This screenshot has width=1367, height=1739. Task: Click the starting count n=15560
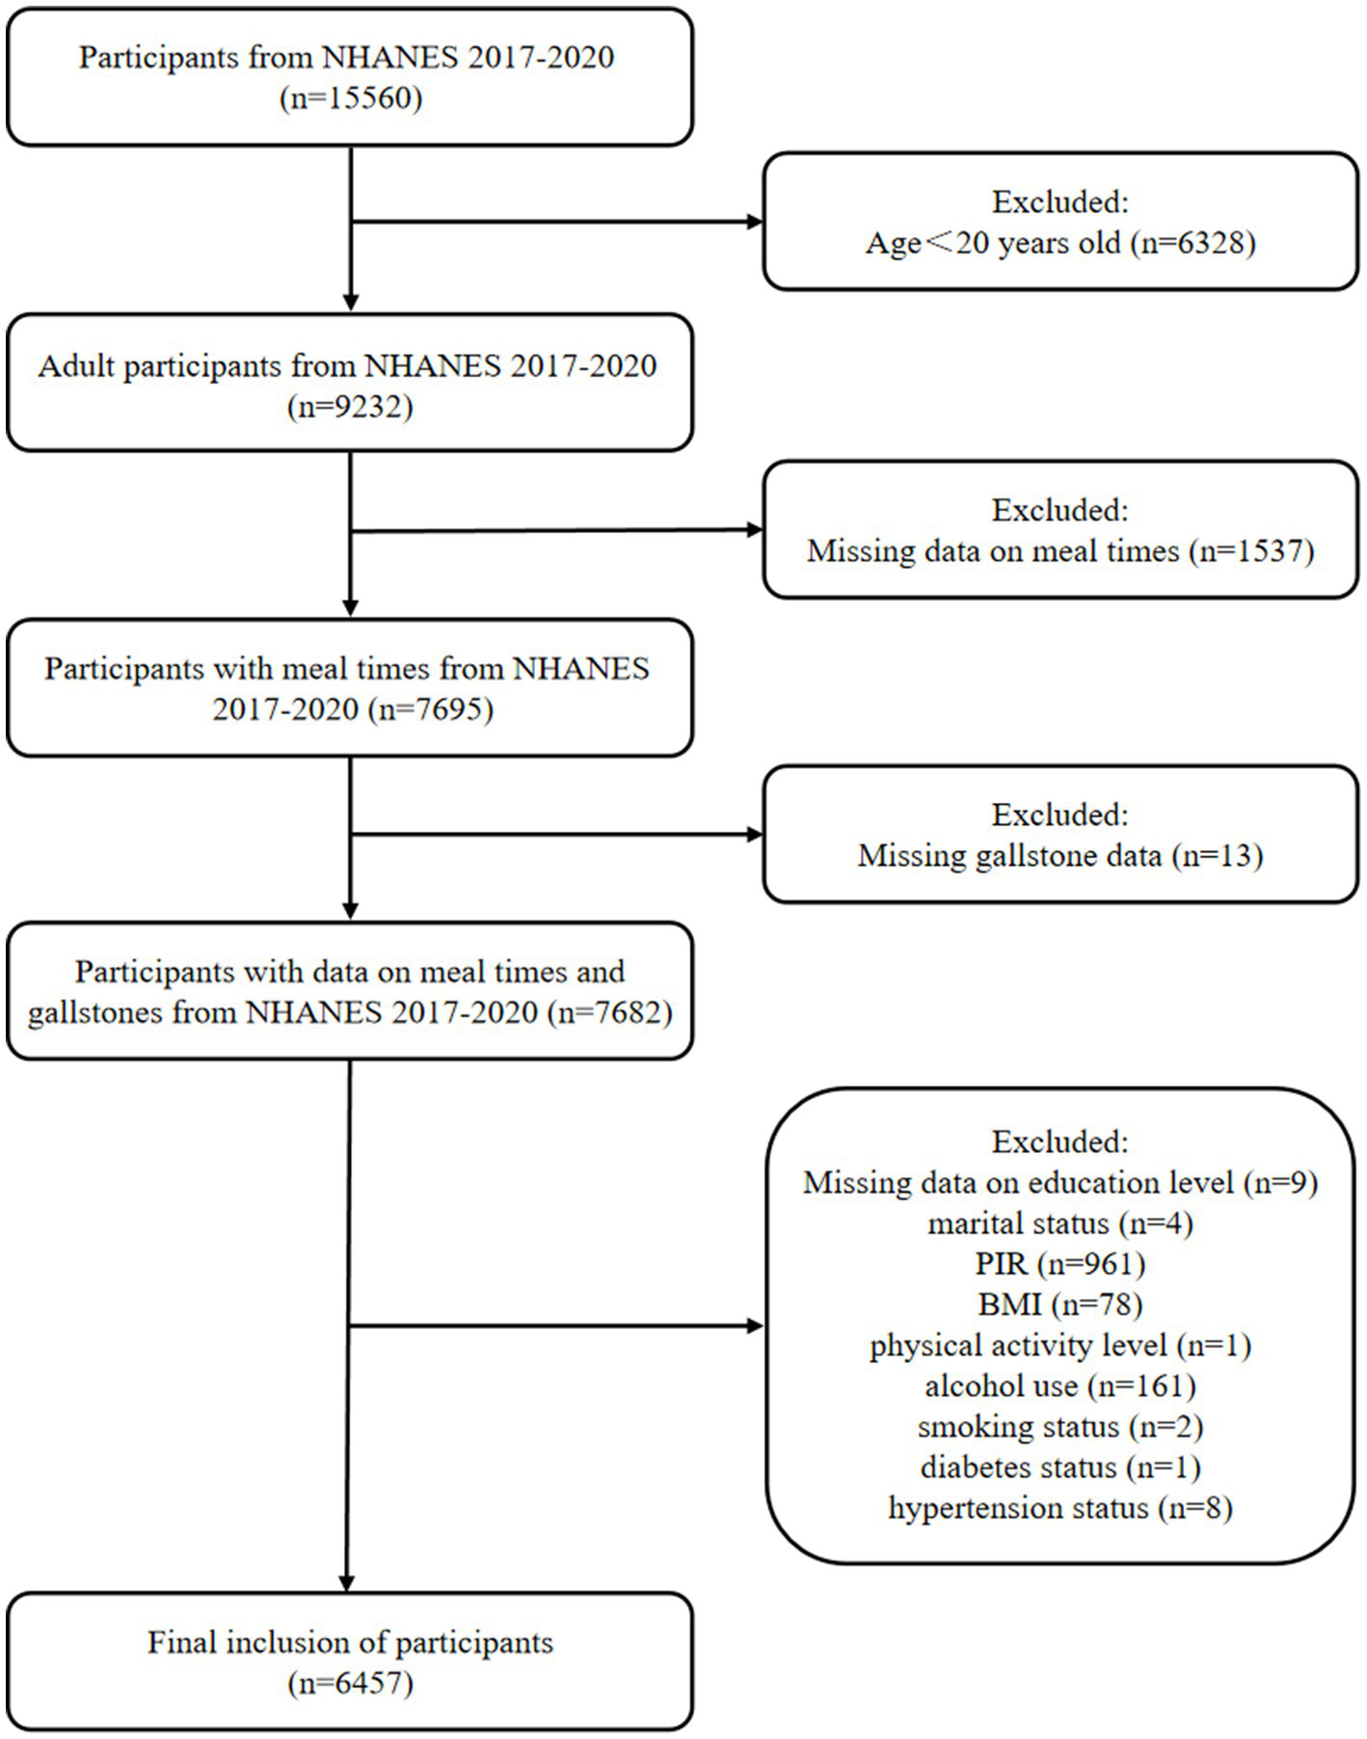(x=351, y=99)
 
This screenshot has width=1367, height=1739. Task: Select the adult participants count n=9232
(x=351, y=408)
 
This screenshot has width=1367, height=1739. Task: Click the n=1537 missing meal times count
(x=1251, y=551)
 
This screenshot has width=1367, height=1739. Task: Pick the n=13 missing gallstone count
(x=1217, y=856)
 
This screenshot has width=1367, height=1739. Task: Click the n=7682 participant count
(x=609, y=1013)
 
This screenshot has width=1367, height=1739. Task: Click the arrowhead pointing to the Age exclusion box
(x=755, y=222)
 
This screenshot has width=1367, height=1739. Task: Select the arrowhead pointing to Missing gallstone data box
(x=755, y=834)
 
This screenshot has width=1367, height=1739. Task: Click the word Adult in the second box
(x=77, y=367)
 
